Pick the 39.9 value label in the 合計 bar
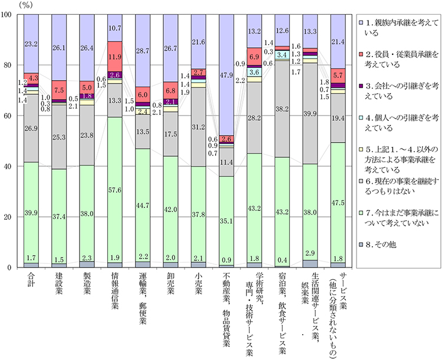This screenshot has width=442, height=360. (x=31, y=213)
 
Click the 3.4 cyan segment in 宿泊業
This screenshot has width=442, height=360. (x=282, y=54)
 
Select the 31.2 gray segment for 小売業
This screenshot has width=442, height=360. (x=199, y=127)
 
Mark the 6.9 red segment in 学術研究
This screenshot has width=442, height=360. (x=255, y=56)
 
